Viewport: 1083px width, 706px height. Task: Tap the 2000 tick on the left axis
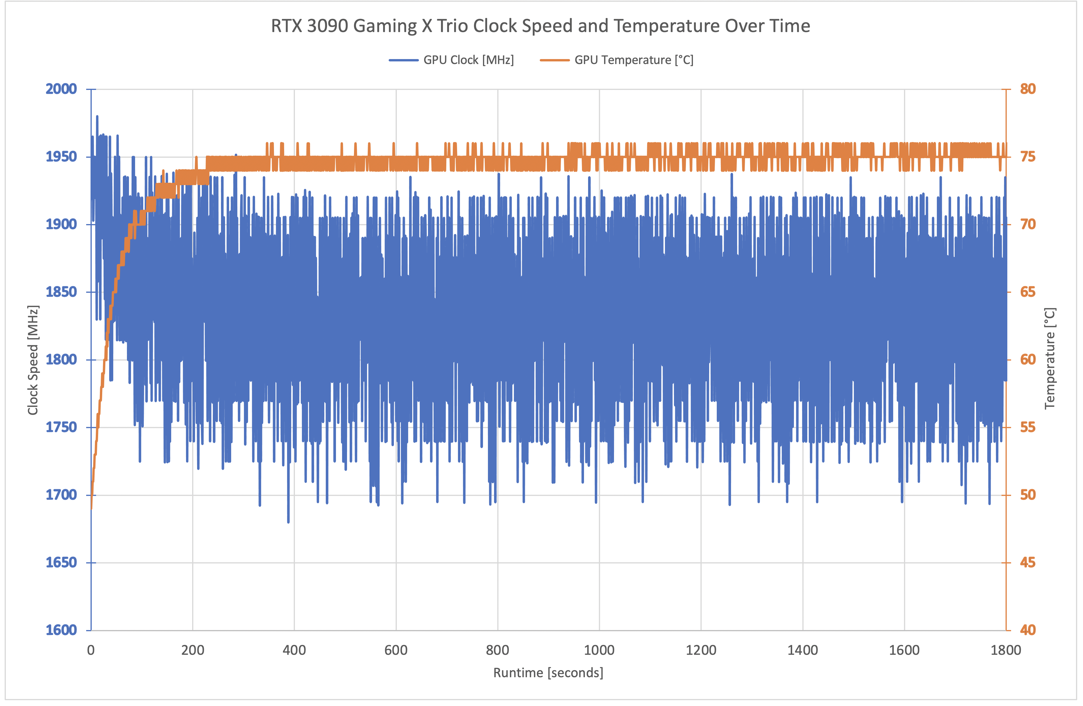click(61, 89)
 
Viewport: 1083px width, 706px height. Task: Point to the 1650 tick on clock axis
click(61, 563)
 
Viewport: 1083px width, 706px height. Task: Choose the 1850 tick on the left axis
click(61, 292)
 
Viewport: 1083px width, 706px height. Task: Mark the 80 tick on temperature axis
click(1027, 89)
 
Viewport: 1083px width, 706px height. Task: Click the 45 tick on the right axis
click(1027, 563)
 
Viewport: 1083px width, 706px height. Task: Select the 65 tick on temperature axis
click(1027, 292)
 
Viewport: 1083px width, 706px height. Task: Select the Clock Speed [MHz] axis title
click(33, 359)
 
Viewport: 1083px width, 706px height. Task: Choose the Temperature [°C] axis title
click(1049, 359)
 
